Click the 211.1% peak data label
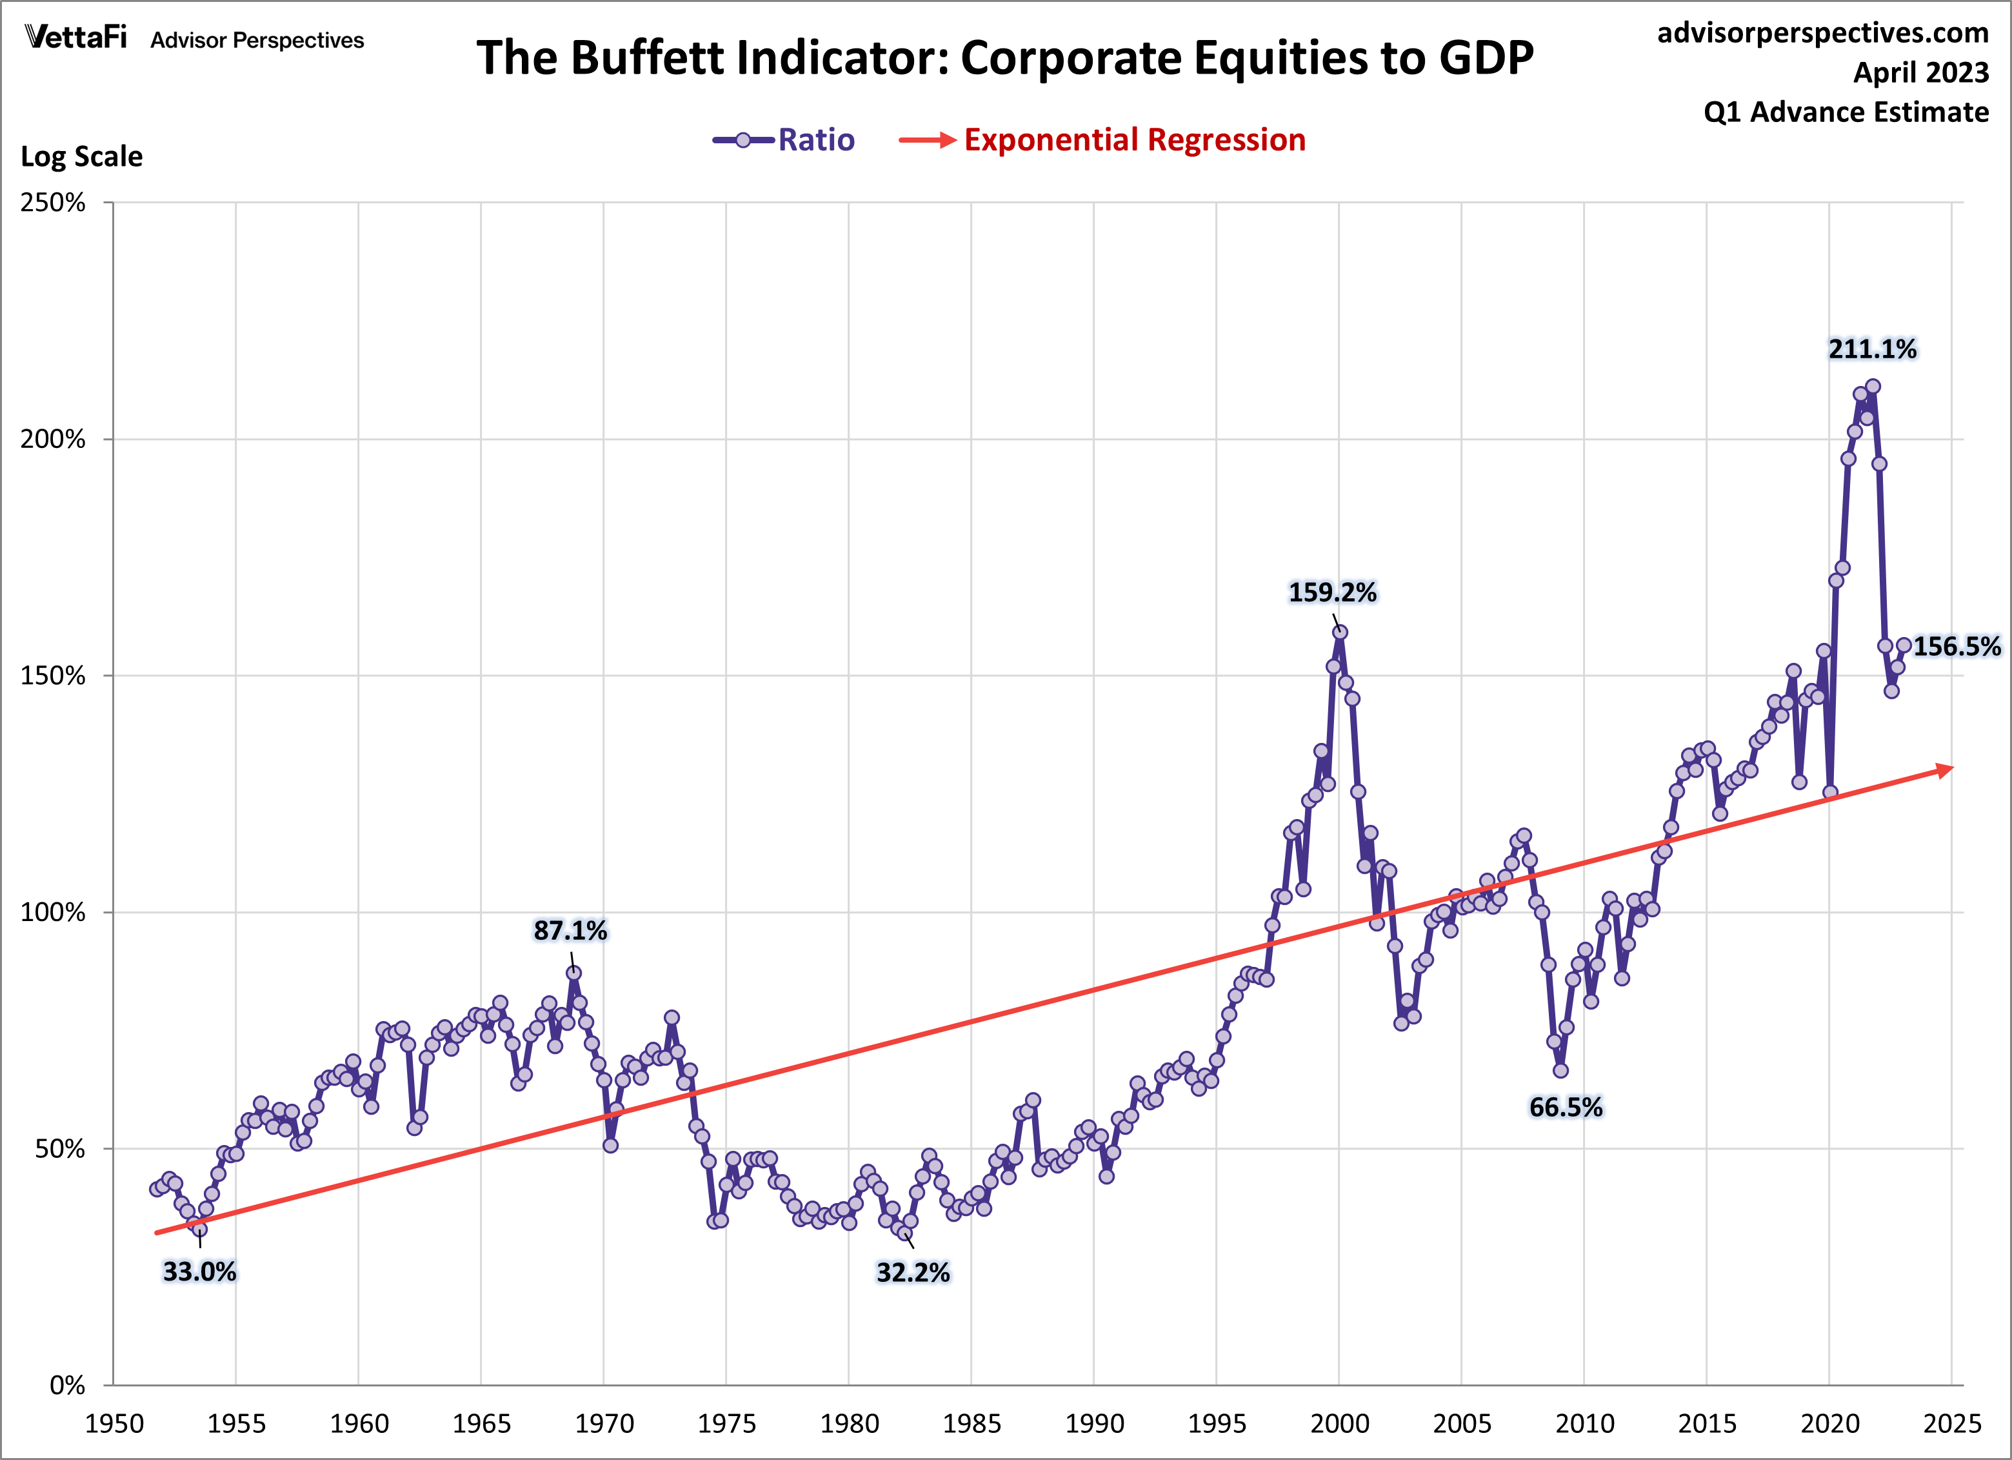pos(1872,349)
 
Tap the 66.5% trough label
pos(1566,1107)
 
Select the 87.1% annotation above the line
pos(570,930)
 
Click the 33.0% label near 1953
pos(199,1272)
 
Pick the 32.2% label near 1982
pos(913,1273)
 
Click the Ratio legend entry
pos(815,140)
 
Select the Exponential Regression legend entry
pos(1134,140)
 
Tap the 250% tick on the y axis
pos(54,203)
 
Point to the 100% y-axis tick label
pos(54,913)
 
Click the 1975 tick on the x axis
pos(726,1424)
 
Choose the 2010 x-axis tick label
pos(1584,1424)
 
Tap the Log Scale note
pos(82,156)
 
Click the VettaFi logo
pos(76,37)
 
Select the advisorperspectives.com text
pos(1822,33)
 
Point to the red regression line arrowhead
pos(1944,769)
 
